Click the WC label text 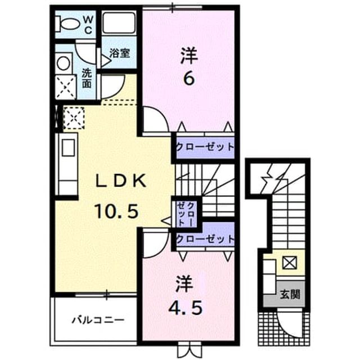88,25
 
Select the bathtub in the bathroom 119,23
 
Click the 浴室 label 120,53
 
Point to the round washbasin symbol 64,63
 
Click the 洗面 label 87,79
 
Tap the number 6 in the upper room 190,80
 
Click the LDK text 121,181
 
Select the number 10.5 116,211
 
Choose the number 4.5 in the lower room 185,308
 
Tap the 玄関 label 290,294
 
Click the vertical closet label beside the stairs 186,214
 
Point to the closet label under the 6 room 205,147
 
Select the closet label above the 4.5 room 205,239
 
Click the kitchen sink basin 68,148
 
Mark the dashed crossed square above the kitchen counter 74,118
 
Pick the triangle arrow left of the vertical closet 166,221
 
